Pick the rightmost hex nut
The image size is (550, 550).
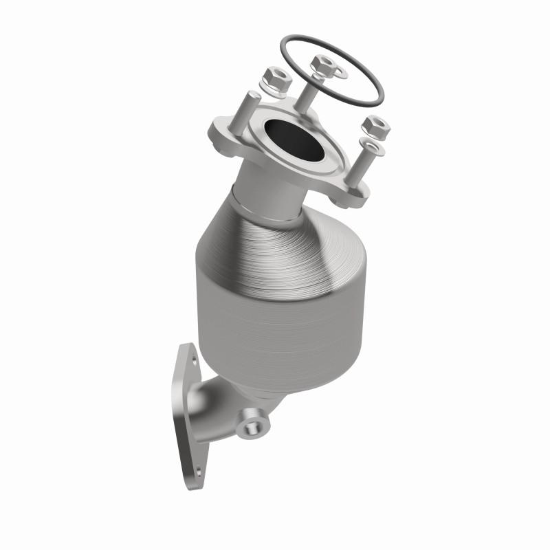click(x=375, y=126)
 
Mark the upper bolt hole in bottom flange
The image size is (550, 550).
click(x=195, y=357)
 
